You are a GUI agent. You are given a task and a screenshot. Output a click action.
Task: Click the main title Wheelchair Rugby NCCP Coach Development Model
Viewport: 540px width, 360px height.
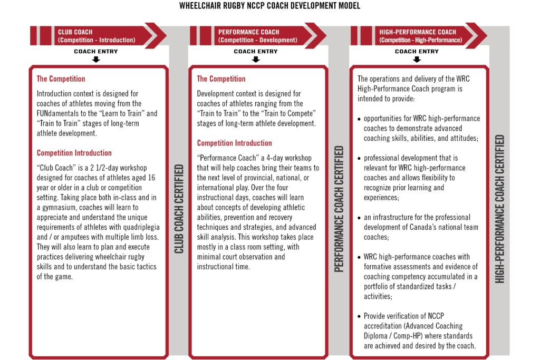point(270,6)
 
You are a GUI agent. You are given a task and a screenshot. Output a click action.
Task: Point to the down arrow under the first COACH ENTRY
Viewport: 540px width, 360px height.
point(95,60)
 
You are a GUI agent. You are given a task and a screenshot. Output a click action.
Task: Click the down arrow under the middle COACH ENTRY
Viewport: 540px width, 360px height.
point(256,60)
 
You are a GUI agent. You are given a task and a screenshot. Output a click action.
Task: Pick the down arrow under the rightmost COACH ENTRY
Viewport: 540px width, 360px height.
point(417,60)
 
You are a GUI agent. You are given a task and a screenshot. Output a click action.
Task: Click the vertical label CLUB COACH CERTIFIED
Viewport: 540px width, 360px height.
point(179,209)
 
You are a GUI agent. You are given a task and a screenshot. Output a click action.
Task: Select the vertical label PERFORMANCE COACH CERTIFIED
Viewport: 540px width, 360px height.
point(339,209)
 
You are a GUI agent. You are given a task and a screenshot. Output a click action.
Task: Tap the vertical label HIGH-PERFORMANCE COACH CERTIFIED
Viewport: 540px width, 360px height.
point(499,209)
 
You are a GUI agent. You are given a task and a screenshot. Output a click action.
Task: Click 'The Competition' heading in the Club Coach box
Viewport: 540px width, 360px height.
point(61,79)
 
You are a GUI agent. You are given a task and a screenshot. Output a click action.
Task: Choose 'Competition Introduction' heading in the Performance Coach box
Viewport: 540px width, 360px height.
point(235,143)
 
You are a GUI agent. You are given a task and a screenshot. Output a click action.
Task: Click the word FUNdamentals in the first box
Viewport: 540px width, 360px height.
point(59,113)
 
